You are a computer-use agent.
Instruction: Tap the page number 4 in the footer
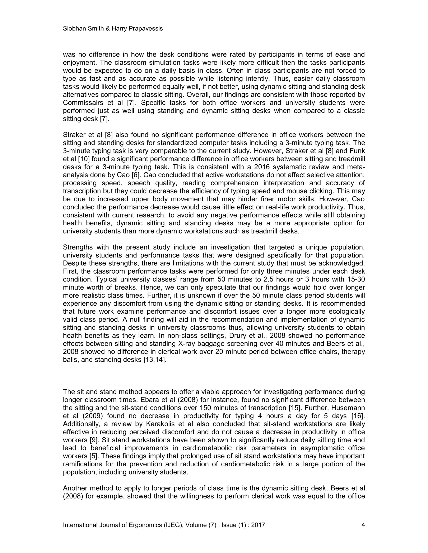click(x=363, y=525)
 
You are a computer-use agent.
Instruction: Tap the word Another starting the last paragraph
click(x=75, y=488)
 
